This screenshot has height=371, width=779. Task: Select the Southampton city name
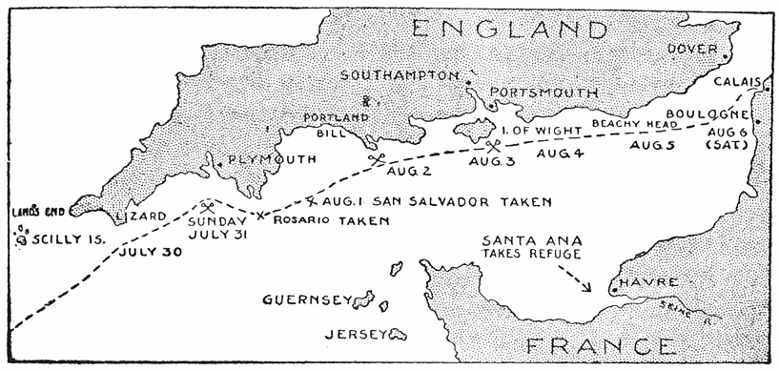click(400, 76)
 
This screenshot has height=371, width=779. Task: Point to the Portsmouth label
click(543, 93)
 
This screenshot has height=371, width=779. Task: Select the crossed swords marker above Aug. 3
click(493, 146)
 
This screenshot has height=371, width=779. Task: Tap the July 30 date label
click(151, 254)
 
